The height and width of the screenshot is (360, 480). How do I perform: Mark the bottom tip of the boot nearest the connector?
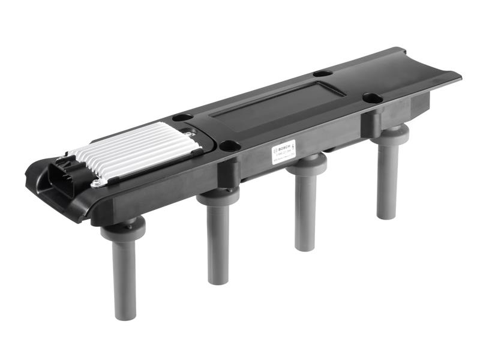click(124, 316)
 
